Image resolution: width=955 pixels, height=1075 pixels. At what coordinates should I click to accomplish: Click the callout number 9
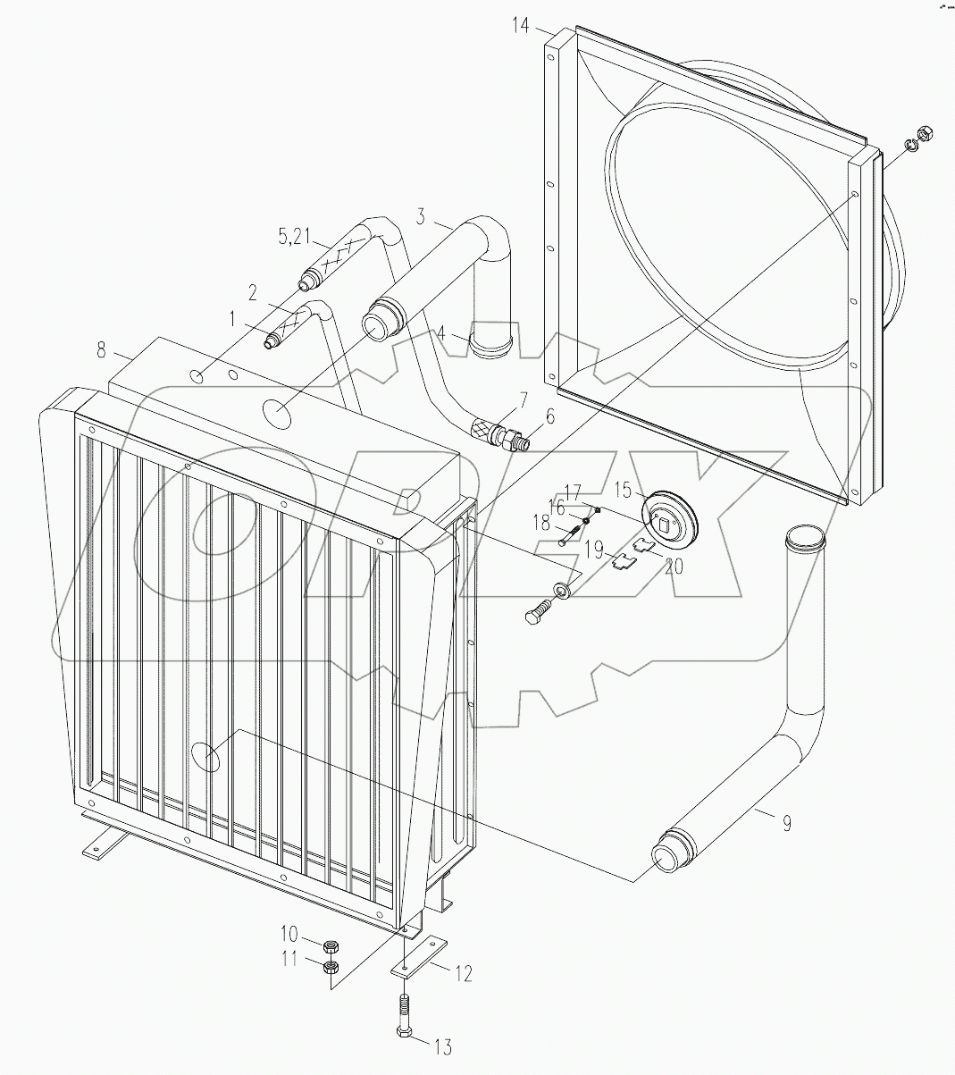(x=785, y=823)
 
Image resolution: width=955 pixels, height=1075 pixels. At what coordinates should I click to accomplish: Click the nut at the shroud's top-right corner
(x=926, y=135)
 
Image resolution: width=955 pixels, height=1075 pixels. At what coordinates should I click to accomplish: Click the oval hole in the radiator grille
(x=207, y=756)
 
